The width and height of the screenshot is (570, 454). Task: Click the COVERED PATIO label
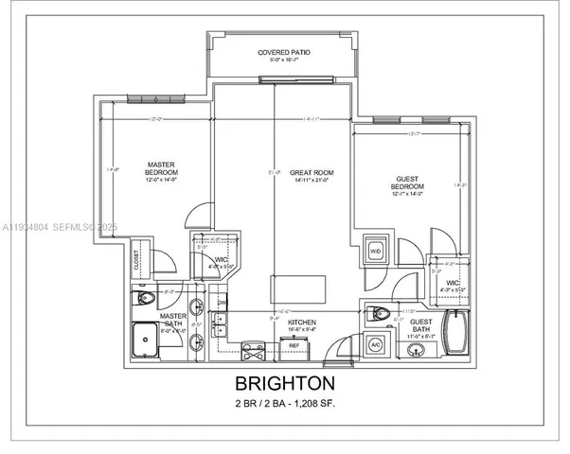pyautogui.click(x=285, y=52)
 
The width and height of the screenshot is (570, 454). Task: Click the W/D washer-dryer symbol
pyautogui.click(x=375, y=252)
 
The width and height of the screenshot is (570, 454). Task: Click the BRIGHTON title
pyautogui.click(x=285, y=384)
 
